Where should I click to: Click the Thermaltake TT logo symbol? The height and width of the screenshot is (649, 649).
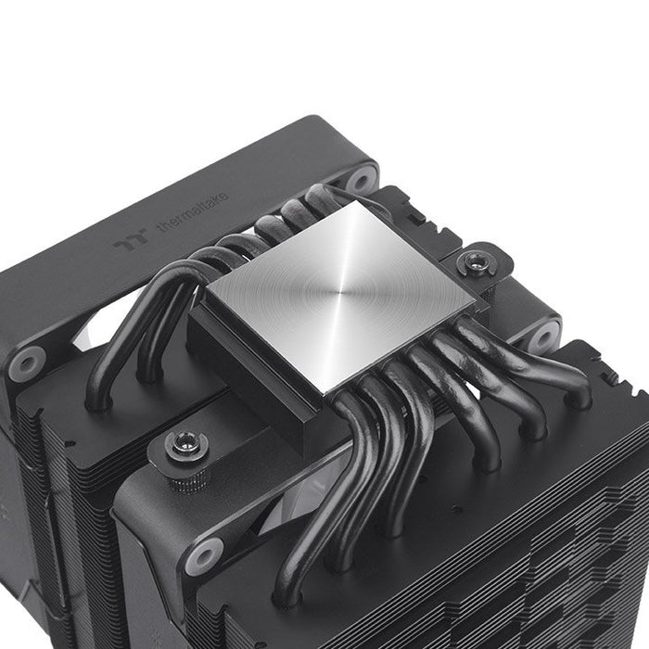[125, 246]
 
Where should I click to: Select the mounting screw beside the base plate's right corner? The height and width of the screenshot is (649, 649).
[476, 262]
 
